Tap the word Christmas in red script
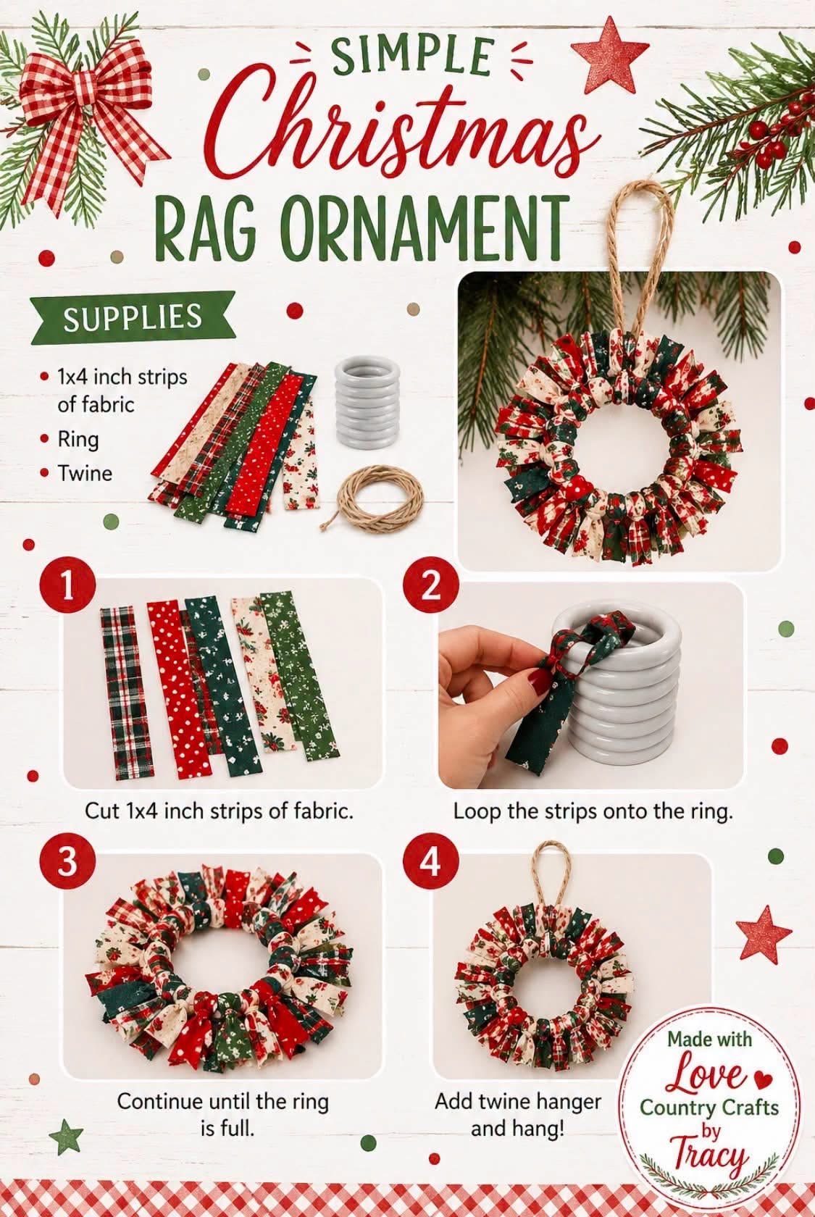point(404,128)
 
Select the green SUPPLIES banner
point(133,318)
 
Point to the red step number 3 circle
point(67,862)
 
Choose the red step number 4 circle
point(431,862)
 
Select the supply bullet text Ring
point(78,440)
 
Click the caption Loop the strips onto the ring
point(593,811)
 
